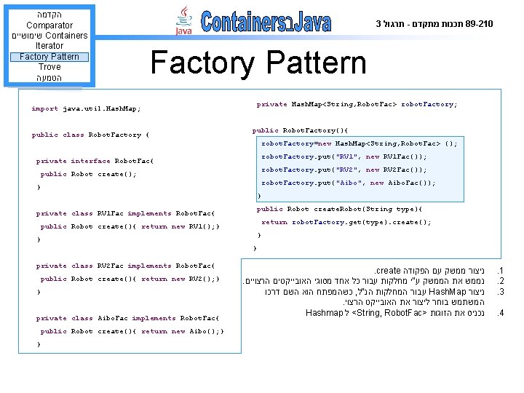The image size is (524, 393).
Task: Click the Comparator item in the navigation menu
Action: [49, 25]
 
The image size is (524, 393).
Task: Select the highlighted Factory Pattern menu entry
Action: [49, 57]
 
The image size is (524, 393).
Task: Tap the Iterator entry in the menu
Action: [49, 46]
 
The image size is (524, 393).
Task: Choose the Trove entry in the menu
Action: [49, 67]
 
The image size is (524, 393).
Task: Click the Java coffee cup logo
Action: [184, 22]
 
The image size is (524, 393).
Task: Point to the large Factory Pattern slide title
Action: [258, 63]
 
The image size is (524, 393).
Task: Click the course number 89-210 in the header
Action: [477, 24]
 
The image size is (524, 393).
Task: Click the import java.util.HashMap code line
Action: [86, 108]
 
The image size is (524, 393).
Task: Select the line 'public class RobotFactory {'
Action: [91, 135]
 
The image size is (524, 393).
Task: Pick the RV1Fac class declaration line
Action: [125, 213]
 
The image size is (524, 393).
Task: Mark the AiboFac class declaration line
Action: [127, 318]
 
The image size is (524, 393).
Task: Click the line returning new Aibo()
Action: [132, 331]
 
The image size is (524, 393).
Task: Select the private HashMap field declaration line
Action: [357, 104]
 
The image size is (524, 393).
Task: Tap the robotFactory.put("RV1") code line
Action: [344, 156]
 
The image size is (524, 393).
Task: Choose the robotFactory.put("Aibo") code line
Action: [349, 183]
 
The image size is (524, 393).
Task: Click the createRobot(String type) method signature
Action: [339, 209]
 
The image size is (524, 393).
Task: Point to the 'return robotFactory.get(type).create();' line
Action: [346, 222]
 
